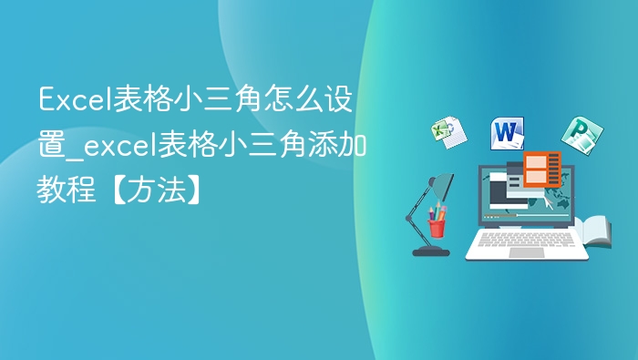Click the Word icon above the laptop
tap(507, 134)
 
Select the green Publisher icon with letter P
tap(577, 135)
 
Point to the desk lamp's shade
tap(445, 187)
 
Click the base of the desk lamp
tap(429, 250)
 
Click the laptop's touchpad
tap(526, 252)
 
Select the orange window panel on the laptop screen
tap(541, 170)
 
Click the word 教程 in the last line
tap(64, 190)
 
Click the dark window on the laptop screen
tap(504, 191)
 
